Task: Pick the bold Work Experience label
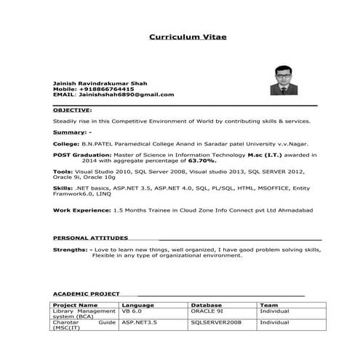click(x=81, y=209)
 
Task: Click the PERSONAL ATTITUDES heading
click(x=91, y=238)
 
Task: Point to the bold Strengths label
click(x=71, y=249)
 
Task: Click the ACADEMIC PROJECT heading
click(x=87, y=294)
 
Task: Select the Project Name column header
click(x=76, y=305)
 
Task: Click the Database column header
click(x=206, y=305)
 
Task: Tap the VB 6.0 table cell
click(x=131, y=311)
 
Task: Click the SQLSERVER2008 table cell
click(x=216, y=322)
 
